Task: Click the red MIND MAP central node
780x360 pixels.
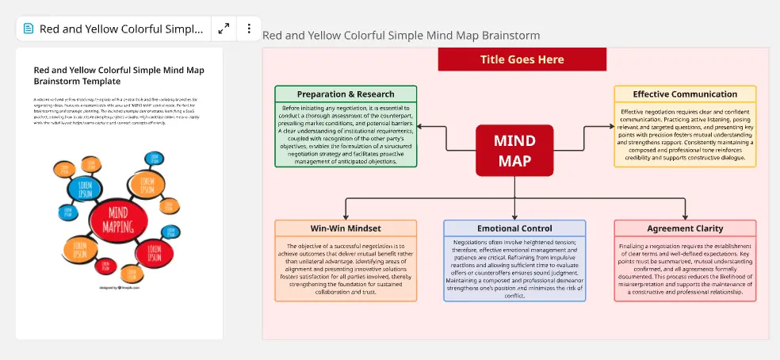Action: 514,151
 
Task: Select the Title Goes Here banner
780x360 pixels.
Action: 522,59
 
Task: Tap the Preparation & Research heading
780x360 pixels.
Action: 346,94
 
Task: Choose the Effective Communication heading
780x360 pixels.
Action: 685,94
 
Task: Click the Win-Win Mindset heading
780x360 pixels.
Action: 346,228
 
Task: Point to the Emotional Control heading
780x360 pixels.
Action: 514,228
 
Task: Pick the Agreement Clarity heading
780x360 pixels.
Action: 685,228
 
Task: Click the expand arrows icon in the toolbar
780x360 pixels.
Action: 224,29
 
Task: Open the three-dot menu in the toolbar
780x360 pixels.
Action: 249,29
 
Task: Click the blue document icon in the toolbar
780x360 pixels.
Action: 29,29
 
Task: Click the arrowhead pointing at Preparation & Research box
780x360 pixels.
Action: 421,126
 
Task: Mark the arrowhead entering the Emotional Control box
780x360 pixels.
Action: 514,216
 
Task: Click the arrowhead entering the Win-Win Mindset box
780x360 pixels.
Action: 346,216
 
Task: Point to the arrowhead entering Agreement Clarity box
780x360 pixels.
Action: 685,216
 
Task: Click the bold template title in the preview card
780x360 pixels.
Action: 119,75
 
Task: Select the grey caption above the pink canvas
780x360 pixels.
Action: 401,36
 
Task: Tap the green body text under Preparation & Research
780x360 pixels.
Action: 346,135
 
